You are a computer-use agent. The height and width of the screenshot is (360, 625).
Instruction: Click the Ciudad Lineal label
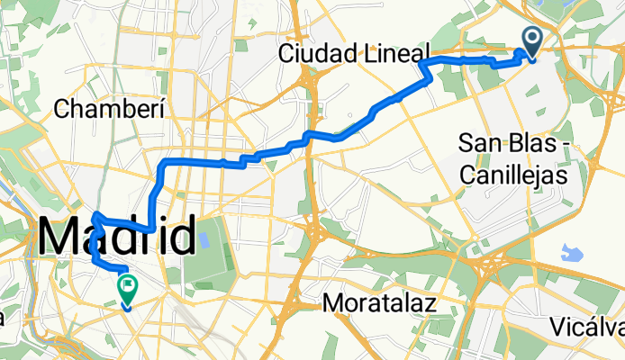(354, 54)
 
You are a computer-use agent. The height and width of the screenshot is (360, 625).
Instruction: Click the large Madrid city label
(117, 238)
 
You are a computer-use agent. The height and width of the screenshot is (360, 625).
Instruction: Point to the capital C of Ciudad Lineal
(286, 54)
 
